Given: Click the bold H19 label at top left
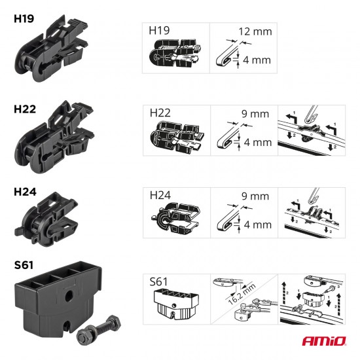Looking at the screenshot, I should pos(25,18).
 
